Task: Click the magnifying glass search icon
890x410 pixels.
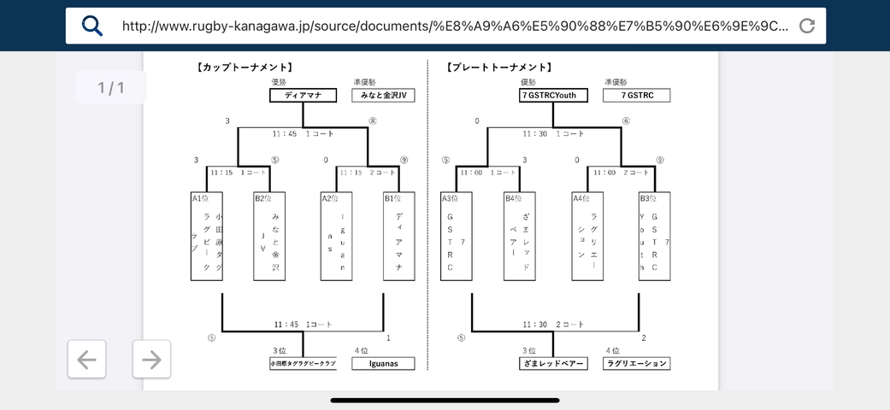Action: coord(92,26)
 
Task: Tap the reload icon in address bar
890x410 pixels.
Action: coord(806,26)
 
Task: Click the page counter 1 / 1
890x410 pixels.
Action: coord(111,87)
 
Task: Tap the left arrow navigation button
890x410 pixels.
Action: coord(87,359)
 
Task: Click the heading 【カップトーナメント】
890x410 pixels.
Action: coord(245,67)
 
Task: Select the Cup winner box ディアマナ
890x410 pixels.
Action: coord(303,96)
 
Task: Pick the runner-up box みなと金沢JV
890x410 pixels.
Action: coord(383,96)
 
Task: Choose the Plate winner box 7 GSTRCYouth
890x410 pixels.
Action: coord(553,96)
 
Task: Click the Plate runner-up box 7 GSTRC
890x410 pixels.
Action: coord(636,96)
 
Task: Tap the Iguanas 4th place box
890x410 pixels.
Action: coord(383,363)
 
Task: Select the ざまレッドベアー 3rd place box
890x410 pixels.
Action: coord(552,363)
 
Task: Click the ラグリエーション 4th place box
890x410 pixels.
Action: coord(636,363)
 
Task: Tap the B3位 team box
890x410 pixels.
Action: coord(655,237)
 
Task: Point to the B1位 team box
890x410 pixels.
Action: coord(399,237)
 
